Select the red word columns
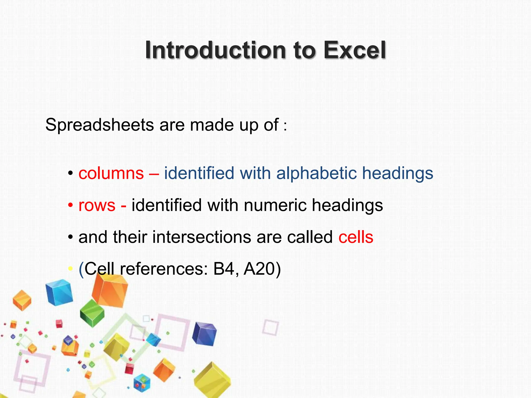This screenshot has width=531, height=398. coord(111,173)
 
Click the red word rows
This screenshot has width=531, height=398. coord(97,205)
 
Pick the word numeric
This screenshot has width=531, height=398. coord(275,205)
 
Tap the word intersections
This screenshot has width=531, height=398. coord(202,237)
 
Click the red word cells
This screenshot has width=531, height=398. coord(356,237)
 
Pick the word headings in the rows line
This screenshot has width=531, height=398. coord(347,205)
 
